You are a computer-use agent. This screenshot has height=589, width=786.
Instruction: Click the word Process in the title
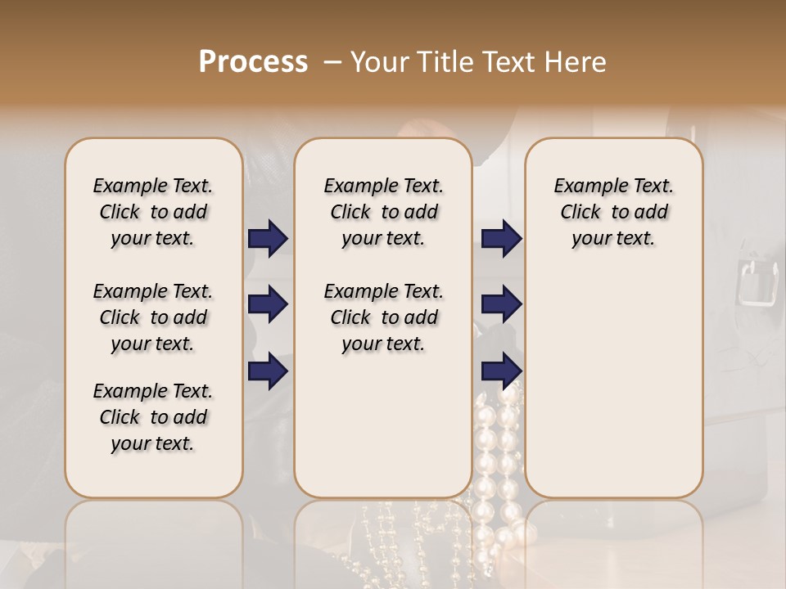click(253, 62)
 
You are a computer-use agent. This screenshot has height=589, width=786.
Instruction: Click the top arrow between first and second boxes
click(268, 239)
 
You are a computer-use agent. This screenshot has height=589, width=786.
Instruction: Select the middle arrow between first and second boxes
click(268, 305)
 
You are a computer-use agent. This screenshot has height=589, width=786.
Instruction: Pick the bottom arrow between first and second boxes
click(268, 371)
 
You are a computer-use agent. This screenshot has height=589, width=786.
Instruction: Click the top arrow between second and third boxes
click(501, 239)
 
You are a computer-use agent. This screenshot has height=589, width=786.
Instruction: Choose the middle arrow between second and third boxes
click(501, 305)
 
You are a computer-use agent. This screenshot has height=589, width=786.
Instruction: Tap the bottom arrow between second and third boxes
click(501, 371)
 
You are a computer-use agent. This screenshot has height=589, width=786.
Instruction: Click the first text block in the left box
click(153, 212)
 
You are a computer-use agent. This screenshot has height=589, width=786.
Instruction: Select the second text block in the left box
click(153, 317)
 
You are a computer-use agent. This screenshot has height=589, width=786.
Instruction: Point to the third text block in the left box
click(153, 417)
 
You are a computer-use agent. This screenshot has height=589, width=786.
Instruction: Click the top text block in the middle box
click(383, 212)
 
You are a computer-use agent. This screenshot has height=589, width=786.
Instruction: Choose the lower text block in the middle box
click(383, 317)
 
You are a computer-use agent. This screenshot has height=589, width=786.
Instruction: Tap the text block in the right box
click(613, 212)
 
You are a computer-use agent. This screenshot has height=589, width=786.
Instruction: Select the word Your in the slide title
click(380, 62)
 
